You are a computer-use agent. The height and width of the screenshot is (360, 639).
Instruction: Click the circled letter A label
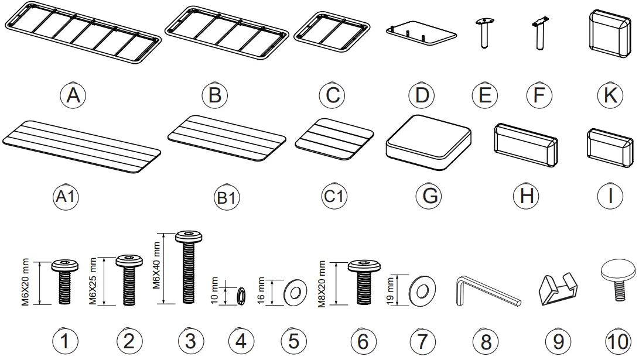73,94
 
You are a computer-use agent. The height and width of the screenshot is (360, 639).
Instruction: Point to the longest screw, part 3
188,266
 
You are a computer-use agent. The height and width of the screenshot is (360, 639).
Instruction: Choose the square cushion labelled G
429,142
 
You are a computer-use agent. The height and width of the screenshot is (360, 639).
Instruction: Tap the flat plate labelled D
422,33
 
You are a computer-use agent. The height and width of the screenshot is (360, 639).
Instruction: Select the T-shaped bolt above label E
484,35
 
